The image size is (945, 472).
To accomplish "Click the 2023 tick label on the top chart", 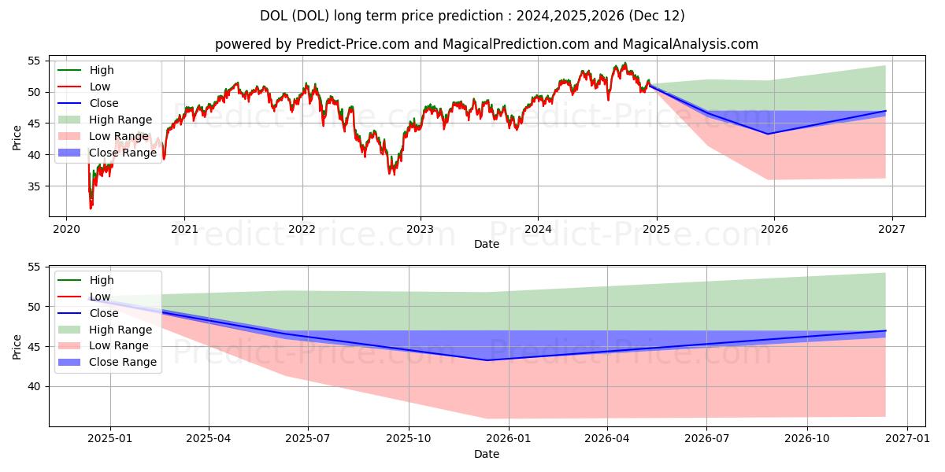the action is tap(421, 229).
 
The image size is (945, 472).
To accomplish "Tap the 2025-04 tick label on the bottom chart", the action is tap(209, 439).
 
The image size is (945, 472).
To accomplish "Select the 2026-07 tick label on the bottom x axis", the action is tap(706, 439).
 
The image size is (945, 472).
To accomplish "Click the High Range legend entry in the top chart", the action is tap(105, 120).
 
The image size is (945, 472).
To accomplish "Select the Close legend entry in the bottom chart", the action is tap(87, 313).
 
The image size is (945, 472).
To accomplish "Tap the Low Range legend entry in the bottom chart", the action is tap(103, 345).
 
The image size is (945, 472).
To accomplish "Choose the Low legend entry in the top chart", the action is tap(83, 87).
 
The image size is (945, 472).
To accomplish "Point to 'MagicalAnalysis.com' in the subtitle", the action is tap(690, 44).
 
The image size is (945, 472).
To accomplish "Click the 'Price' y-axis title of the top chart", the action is tap(17, 138).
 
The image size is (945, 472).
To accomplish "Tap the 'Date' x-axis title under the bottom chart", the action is tap(487, 454).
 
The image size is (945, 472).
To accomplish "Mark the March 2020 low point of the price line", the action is tap(91, 208).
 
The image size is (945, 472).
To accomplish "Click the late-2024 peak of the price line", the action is tap(625, 63).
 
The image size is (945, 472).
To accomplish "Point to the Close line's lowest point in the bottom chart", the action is tap(487, 360).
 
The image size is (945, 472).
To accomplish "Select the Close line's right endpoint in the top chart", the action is tap(885, 111).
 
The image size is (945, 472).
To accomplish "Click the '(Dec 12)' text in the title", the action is tap(657, 16).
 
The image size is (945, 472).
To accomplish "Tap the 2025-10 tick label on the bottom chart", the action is tap(409, 439).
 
